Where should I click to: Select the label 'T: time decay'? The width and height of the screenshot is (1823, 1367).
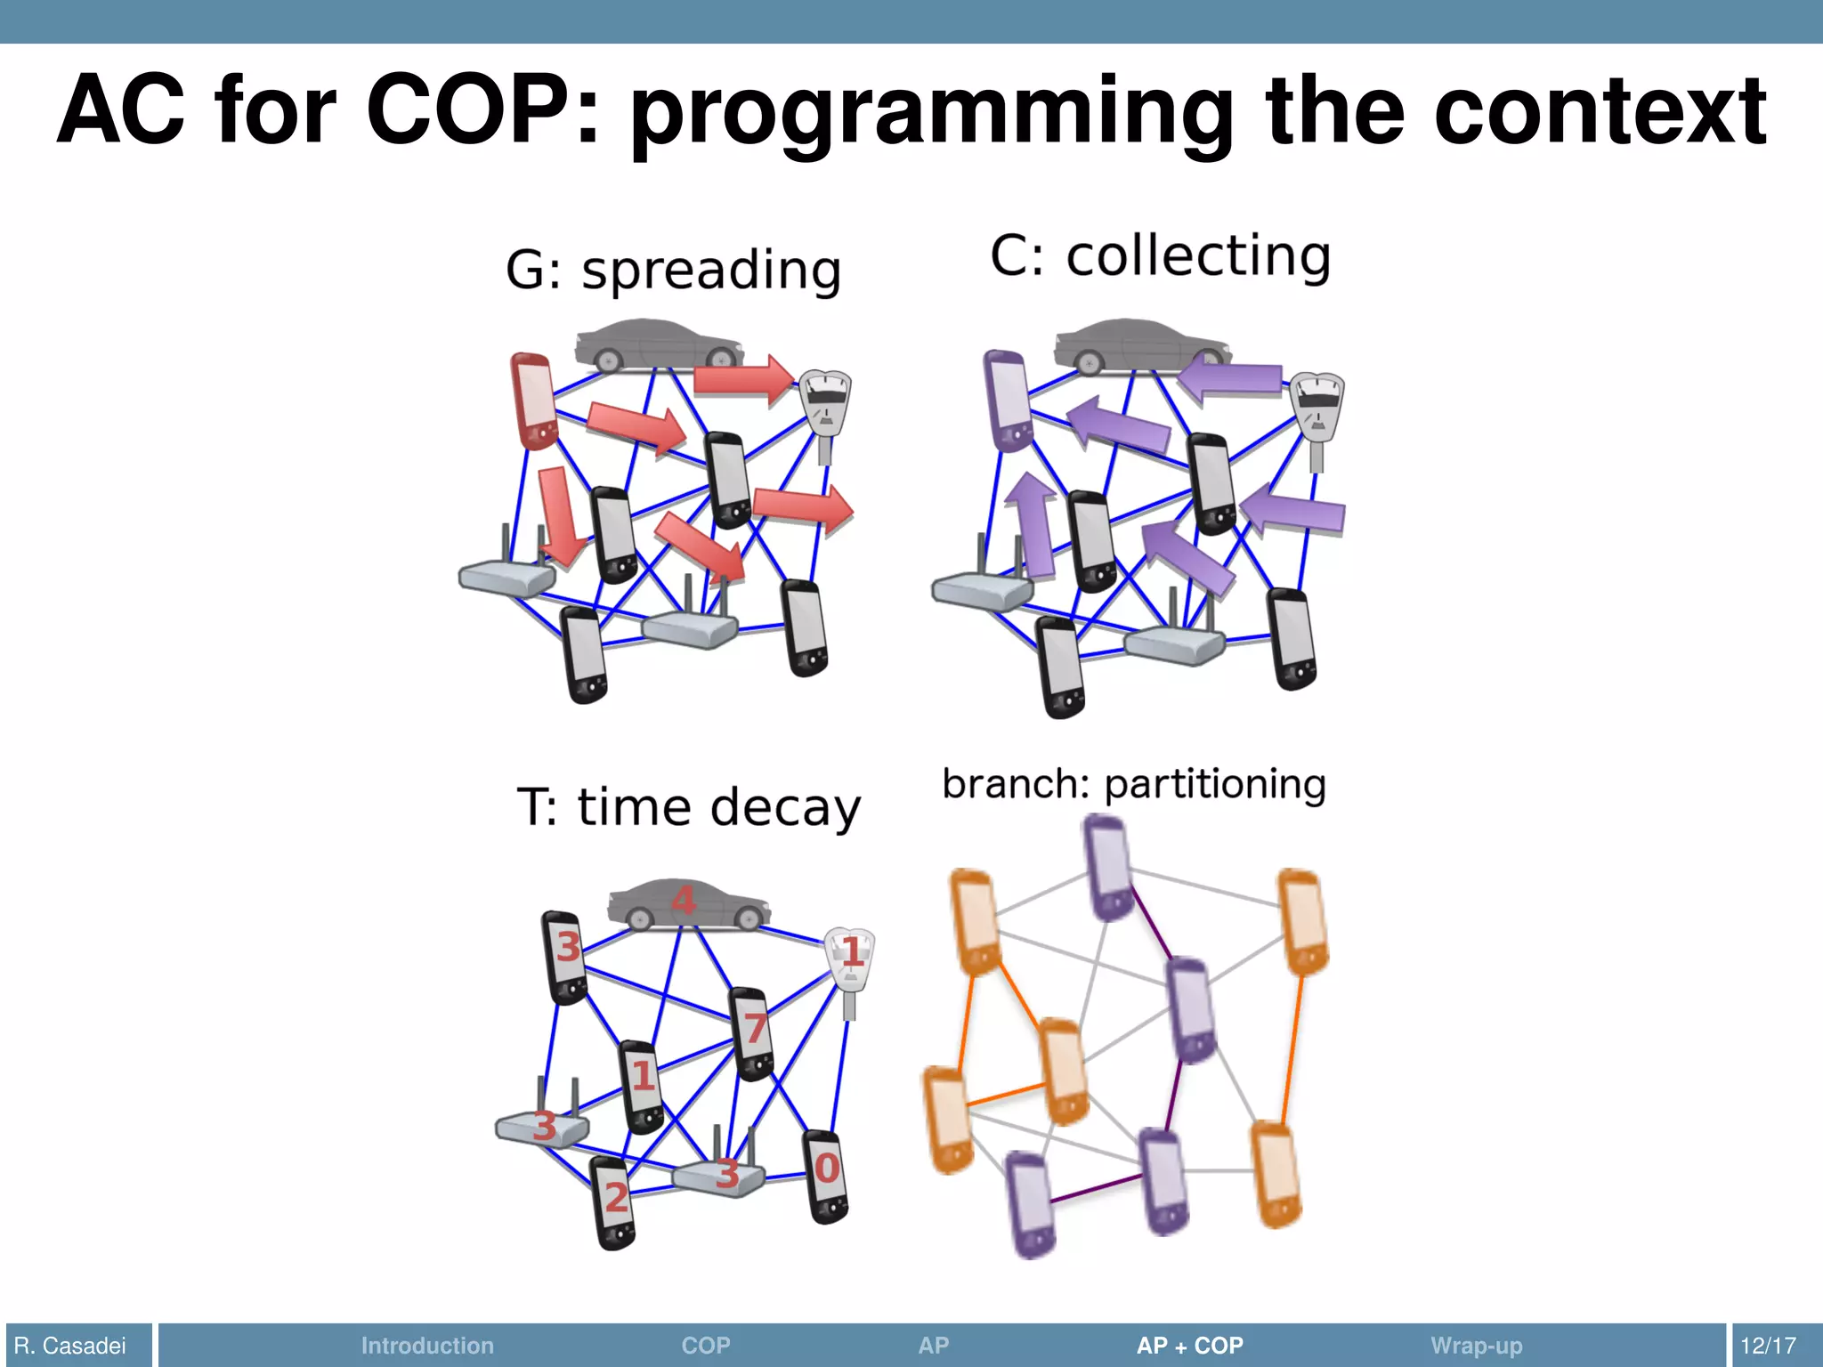[688, 807]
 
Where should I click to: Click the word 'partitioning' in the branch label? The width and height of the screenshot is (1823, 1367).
[1215, 784]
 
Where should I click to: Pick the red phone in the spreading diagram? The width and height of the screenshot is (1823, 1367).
[533, 400]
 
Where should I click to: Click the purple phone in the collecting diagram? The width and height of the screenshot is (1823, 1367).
[1008, 400]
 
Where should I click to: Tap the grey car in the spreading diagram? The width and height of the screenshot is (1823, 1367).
[659, 344]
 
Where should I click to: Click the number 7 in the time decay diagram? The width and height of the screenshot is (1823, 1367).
[756, 1029]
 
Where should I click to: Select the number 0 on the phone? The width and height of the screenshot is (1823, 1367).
[827, 1169]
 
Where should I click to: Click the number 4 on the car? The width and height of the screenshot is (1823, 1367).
[683, 902]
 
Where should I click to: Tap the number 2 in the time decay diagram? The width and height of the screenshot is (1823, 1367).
[616, 1198]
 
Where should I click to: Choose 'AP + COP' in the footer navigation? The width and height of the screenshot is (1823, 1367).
[1189, 1346]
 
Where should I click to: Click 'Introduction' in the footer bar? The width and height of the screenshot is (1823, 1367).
[427, 1346]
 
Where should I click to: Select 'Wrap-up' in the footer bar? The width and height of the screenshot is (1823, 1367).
[1476, 1346]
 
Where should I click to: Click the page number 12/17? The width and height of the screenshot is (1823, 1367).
[1768, 1346]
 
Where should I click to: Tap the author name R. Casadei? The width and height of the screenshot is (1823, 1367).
[70, 1346]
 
